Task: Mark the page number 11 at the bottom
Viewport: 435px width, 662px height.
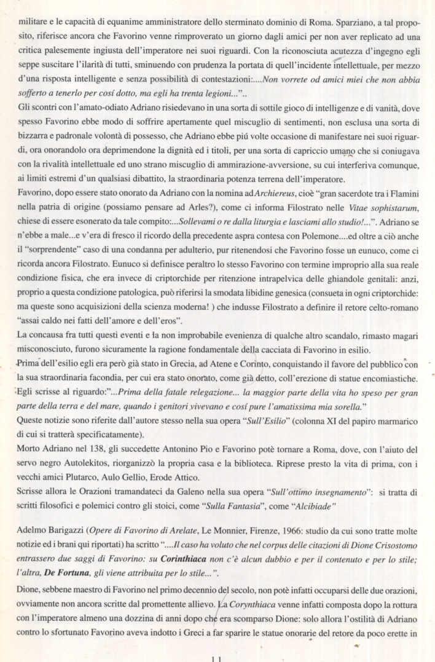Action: pyautogui.click(x=216, y=658)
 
